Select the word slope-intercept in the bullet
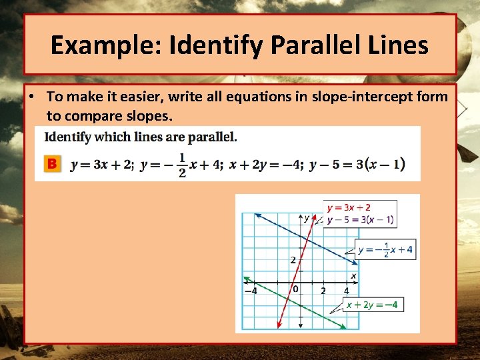click(345, 97)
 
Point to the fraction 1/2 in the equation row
click(181, 164)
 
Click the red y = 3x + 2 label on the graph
click(349, 208)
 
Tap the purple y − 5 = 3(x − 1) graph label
click(360, 220)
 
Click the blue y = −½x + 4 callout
click(385, 250)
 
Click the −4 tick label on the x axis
click(250, 291)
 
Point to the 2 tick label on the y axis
click(293, 259)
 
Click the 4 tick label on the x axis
click(346, 291)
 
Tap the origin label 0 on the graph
click(295, 289)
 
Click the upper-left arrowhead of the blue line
click(257, 215)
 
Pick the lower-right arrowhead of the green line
click(343, 327)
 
